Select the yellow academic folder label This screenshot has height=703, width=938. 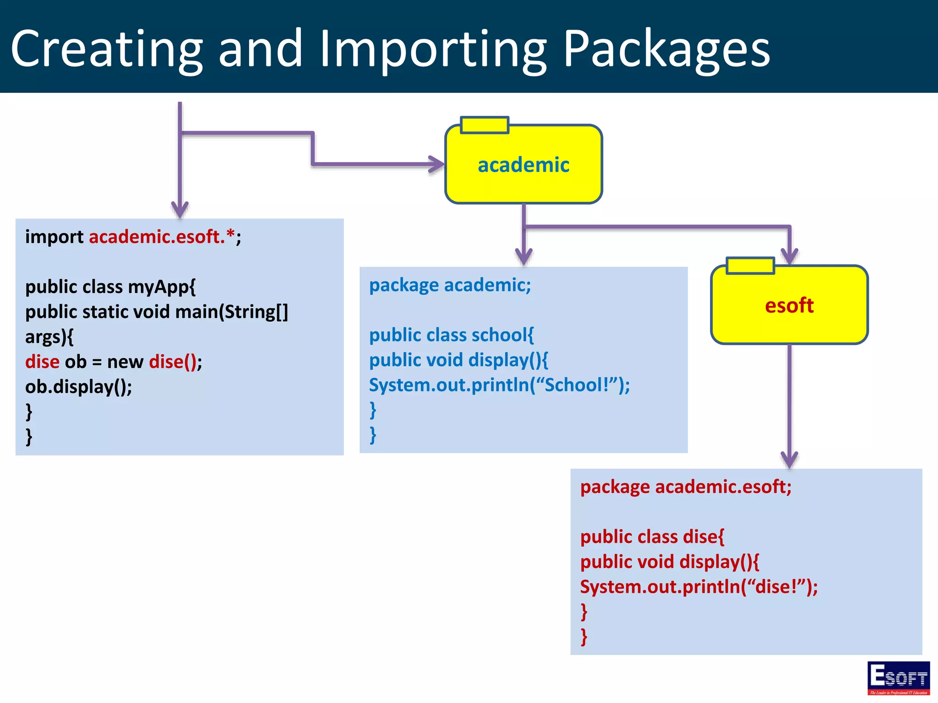coord(524,165)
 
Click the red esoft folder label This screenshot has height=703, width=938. coord(789,306)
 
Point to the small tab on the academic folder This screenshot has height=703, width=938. coord(485,125)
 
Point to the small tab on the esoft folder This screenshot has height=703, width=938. coord(750,266)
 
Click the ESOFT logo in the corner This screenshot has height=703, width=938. coord(898,678)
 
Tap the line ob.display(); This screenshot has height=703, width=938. coord(78,387)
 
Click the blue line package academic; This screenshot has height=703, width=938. coord(450,285)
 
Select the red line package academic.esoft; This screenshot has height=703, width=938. coord(686,487)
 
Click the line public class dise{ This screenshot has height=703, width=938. coord(652,537)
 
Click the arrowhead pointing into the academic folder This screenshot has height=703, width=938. coord(436,164)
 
